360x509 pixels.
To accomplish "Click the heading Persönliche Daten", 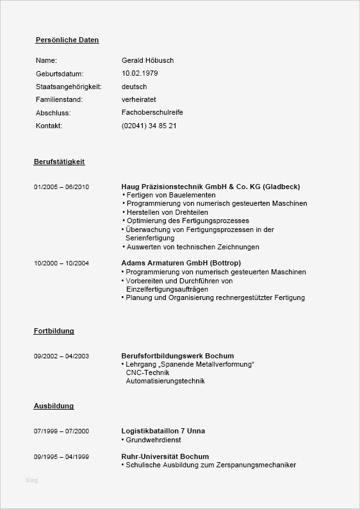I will click(67, 40).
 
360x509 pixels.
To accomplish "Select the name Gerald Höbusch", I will click(147, 60).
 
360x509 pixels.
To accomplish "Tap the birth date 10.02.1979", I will click(140, 74).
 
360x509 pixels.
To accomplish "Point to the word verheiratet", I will click(139, 99).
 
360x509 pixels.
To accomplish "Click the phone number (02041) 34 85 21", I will click(149, 126).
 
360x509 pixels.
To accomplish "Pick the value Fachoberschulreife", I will click(152, 112).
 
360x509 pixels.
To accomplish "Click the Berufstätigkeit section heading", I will click(59, 162).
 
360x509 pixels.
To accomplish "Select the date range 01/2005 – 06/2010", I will click(61, 187).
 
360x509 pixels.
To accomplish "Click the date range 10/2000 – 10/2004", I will click(61, 263).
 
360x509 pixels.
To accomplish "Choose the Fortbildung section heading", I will click(54, 331).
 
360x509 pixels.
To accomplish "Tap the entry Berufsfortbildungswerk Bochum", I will click(177, 356).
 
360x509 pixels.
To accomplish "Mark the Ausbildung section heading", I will click(54, 406).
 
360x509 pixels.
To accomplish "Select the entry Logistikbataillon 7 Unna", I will click(163, 431).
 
